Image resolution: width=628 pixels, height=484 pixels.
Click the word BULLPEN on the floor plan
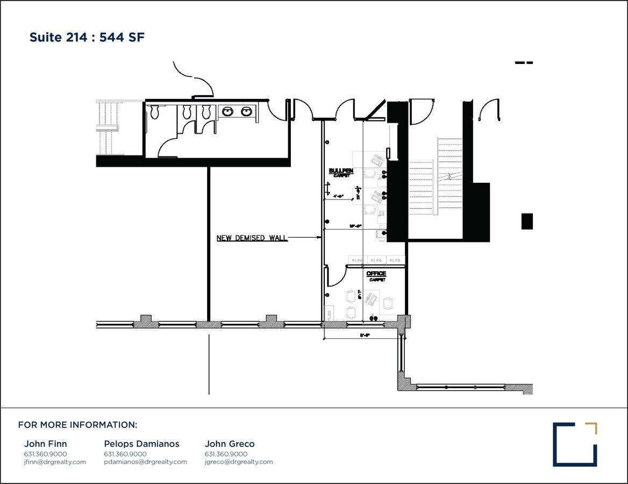pyautogui.click(x=341, y=171)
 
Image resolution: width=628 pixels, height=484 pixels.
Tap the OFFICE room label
pyautogui.click(x=376, y=274)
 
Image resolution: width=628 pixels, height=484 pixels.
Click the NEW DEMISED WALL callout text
pyautogui.click(x=252, y=238)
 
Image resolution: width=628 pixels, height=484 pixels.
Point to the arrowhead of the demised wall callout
pyautogui.click(x=319, y=238)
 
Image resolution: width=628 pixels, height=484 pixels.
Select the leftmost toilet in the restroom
pyautogui.click(x=155, y=111)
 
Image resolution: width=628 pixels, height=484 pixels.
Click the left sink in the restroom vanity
pyautogui.click(x=227, y=111)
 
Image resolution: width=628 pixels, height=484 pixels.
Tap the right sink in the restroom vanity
pyautogui.click(x=246, y=111)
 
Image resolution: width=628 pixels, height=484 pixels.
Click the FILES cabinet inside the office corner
pyautogui.click(x=329, y=312)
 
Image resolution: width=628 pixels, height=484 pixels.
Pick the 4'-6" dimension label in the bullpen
pyautogui.click(x=338, y=196)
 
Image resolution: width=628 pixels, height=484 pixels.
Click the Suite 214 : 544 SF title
pyautogui.click(x=87, y=38)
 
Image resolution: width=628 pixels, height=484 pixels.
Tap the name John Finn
pyautogui.click(x=46, y=444)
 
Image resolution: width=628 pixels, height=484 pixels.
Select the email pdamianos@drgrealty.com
pyautogui.click(x=145, y=462)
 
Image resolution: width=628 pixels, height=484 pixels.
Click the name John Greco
pyautogui.click(x=230, y=444)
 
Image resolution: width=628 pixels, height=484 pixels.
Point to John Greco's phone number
pyautogui.click(x=226, y=454)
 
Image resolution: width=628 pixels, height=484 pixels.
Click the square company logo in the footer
pyautogui.click(x=575, y=444)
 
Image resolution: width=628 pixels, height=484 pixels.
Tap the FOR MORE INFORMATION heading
pyautogui.click(x=77, y=425)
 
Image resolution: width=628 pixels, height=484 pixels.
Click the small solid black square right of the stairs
pyautogui.click(x=527, y=221)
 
